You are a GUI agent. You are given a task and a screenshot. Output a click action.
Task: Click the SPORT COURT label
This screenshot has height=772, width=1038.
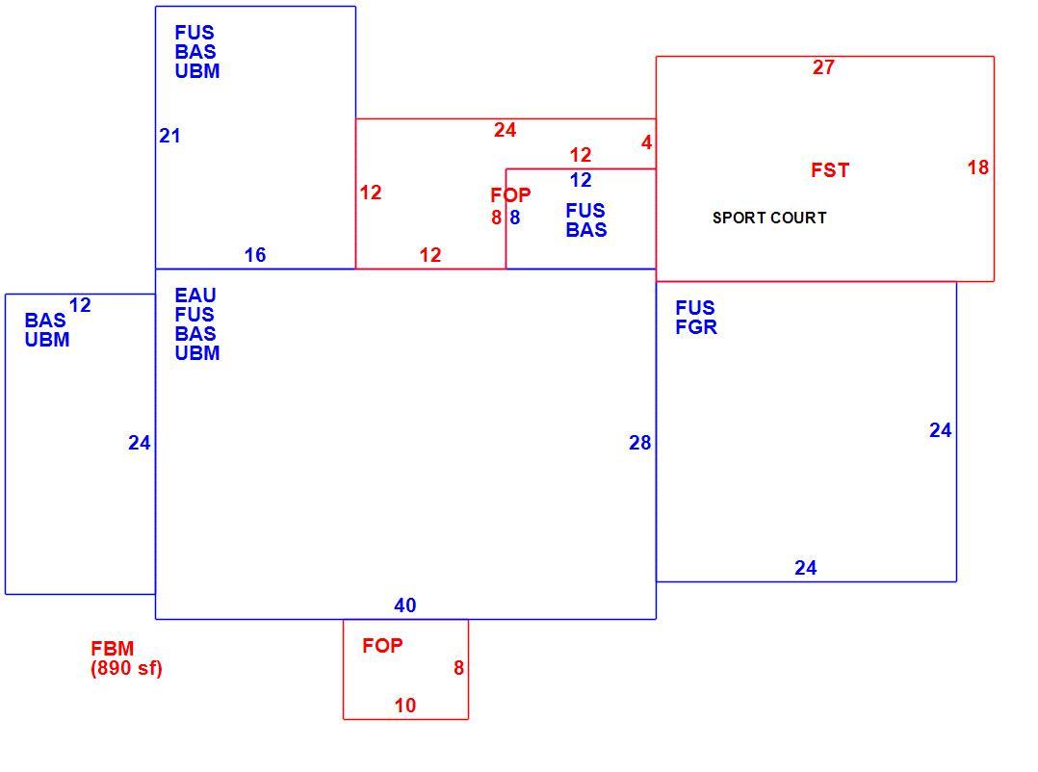pos(769,218)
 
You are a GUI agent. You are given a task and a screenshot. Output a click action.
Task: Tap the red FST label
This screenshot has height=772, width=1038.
pos(829,170)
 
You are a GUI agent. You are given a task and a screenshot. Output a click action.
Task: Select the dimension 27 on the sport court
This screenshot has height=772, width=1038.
pos(823,66)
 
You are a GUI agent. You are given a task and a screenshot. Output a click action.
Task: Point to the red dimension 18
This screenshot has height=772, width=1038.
pos(977,167)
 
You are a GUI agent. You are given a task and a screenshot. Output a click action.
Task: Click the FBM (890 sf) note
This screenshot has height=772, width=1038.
pos(126,657)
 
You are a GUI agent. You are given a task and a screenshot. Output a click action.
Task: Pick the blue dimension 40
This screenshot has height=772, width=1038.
pos(405,605)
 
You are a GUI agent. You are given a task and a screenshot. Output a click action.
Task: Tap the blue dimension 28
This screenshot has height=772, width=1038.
pos(639,443)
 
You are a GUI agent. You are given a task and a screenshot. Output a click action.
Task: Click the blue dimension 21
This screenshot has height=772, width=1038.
pos(169,136)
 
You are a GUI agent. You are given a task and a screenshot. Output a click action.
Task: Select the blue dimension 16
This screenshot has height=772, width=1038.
pos(255,255)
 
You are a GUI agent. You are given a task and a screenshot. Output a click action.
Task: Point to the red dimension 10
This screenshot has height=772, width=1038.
pos(405,706)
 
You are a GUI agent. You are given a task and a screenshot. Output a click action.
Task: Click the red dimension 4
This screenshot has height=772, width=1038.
pos(647,142)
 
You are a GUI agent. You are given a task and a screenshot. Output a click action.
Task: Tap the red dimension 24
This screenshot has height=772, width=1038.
pos(505,130)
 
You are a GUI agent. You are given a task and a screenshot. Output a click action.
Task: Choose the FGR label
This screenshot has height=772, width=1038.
pos(696,326)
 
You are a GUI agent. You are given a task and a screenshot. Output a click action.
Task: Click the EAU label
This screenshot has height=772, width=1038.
pos(195,296)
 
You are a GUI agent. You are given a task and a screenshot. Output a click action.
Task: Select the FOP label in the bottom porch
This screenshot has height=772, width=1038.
pos(382,646)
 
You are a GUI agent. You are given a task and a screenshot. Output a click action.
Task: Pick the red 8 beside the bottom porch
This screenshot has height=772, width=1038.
pos(458,668)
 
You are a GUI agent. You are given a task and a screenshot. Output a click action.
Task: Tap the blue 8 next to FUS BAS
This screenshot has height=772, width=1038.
pos(514,217)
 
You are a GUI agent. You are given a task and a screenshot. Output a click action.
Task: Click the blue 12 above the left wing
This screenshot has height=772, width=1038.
pos(79,305)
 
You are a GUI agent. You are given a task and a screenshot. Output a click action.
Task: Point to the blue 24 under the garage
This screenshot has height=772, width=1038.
pos(806,568)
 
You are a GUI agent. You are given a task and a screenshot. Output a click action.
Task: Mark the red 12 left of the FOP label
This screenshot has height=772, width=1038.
pos(371,193)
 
